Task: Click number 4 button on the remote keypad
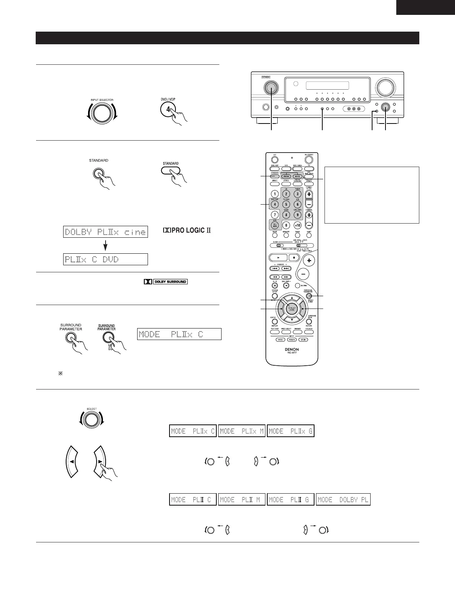[274, 204]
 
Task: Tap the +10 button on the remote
[297, 225]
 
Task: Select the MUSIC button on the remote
[297, 177]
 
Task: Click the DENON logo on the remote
[292, 349]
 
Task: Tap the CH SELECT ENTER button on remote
[292, 308]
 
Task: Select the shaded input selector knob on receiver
[271, 88]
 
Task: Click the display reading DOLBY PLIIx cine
[106, 232]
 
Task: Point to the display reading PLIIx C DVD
[106, 259]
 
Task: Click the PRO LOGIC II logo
[187, 231]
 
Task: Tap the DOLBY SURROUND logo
[166, 282]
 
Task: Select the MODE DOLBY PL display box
[343, 500]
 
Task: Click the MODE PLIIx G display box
[290, 431]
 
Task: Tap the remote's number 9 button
[297, 215]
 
